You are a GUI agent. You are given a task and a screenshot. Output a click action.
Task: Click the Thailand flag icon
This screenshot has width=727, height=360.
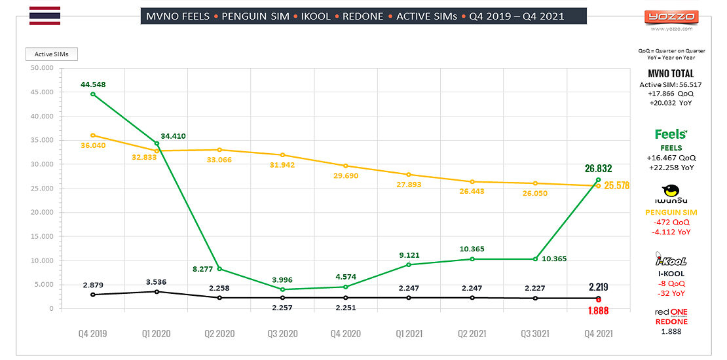(45, 16)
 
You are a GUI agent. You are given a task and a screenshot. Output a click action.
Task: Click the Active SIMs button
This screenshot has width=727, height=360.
(52, 54)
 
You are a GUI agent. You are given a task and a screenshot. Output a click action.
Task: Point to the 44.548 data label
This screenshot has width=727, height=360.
(93, 84)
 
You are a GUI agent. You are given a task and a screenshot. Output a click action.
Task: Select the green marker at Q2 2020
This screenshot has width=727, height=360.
(220, 269)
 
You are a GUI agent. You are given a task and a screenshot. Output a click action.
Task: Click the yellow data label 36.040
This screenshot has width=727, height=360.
(94, 145)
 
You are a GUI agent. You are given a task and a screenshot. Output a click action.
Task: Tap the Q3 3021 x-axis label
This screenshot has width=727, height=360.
(535, 334)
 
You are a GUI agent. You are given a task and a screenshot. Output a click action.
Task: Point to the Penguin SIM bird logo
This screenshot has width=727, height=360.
(671, 191)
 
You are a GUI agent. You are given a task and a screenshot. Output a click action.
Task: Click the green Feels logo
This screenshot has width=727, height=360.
(671, 134)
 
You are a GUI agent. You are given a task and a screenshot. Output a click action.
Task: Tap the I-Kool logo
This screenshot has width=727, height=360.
(671, 259)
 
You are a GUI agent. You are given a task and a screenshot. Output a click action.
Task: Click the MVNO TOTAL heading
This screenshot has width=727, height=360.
(671, 74)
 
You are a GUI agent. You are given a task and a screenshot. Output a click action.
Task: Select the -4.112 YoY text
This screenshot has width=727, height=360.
(671, 232)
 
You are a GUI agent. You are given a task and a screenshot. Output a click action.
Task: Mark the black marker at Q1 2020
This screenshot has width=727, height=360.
(157, 291)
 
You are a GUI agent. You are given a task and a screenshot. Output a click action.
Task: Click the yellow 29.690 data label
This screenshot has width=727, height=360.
(345, 176)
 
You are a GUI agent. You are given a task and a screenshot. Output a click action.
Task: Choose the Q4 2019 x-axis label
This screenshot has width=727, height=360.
(93, 334)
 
